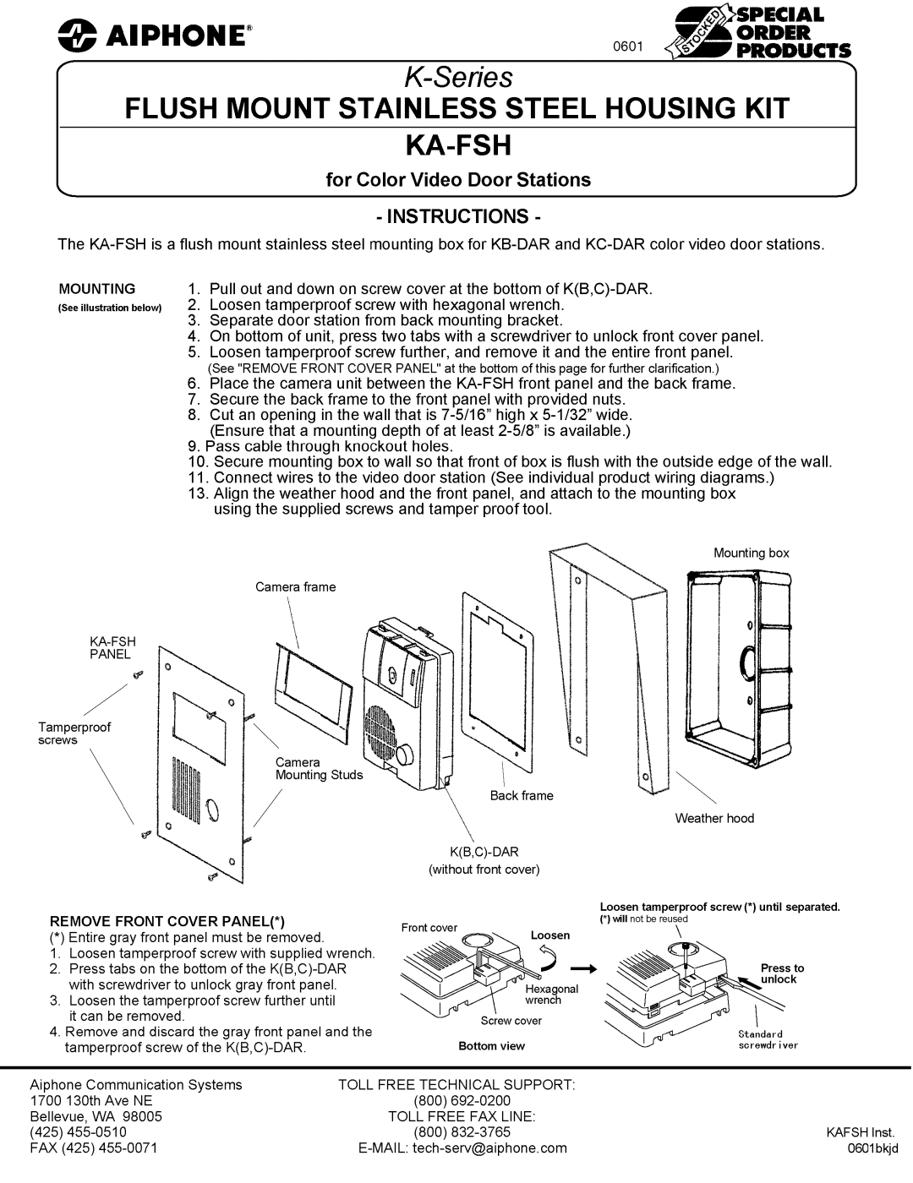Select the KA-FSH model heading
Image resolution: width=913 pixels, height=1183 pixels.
456,145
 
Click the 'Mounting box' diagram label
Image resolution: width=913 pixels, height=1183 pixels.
751,553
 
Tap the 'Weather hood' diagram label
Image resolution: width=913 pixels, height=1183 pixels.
714,818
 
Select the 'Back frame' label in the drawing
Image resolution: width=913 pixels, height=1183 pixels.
522,795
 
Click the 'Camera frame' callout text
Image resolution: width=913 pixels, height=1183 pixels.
296,586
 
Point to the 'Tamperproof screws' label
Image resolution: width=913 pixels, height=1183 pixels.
74,733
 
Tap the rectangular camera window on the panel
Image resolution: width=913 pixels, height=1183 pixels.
199,715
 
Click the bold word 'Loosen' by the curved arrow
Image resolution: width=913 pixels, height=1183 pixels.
550,935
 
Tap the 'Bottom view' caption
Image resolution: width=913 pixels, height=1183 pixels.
491,1046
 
